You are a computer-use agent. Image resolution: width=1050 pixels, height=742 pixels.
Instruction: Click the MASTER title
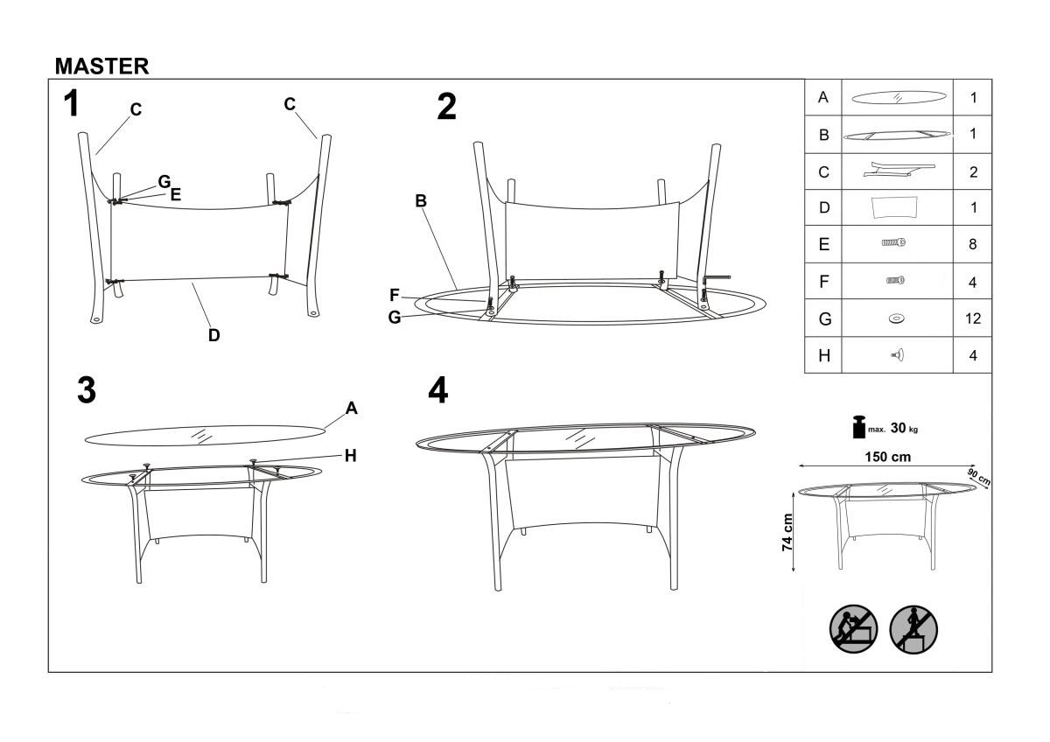(101, 66)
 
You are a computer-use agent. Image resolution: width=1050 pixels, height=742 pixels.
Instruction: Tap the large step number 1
(71, 103)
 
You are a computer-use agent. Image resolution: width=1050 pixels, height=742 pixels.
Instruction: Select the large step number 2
(446, 107)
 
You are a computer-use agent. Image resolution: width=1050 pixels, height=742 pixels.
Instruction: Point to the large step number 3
(87, 390)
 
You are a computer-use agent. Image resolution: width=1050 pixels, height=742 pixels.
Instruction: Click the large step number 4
(437, 390)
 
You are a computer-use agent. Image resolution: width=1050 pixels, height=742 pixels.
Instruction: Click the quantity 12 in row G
(973, 318)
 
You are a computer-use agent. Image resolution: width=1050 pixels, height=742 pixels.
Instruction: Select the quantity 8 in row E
(973, 244)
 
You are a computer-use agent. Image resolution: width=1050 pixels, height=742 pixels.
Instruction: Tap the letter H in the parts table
(824, 356)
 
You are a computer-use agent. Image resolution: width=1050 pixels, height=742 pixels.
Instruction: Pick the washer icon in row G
(896, 318)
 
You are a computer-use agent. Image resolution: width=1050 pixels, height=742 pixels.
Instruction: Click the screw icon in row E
(893, 242)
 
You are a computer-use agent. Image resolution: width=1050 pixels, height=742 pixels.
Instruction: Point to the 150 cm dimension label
(887, 457)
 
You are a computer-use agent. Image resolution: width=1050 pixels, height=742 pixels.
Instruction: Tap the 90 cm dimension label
(979, 477)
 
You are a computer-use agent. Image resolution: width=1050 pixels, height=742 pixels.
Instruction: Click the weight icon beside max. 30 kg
(859, 427)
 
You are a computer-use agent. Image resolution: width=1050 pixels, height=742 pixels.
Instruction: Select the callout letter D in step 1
(213, 335)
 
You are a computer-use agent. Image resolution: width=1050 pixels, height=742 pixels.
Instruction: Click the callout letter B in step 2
(421, 201)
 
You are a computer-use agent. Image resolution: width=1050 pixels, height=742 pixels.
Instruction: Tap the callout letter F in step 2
(395, 295)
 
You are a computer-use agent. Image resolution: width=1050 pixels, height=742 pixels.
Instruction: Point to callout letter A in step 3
(352, 409)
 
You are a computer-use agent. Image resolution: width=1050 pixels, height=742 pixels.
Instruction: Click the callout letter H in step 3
(351, 456)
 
